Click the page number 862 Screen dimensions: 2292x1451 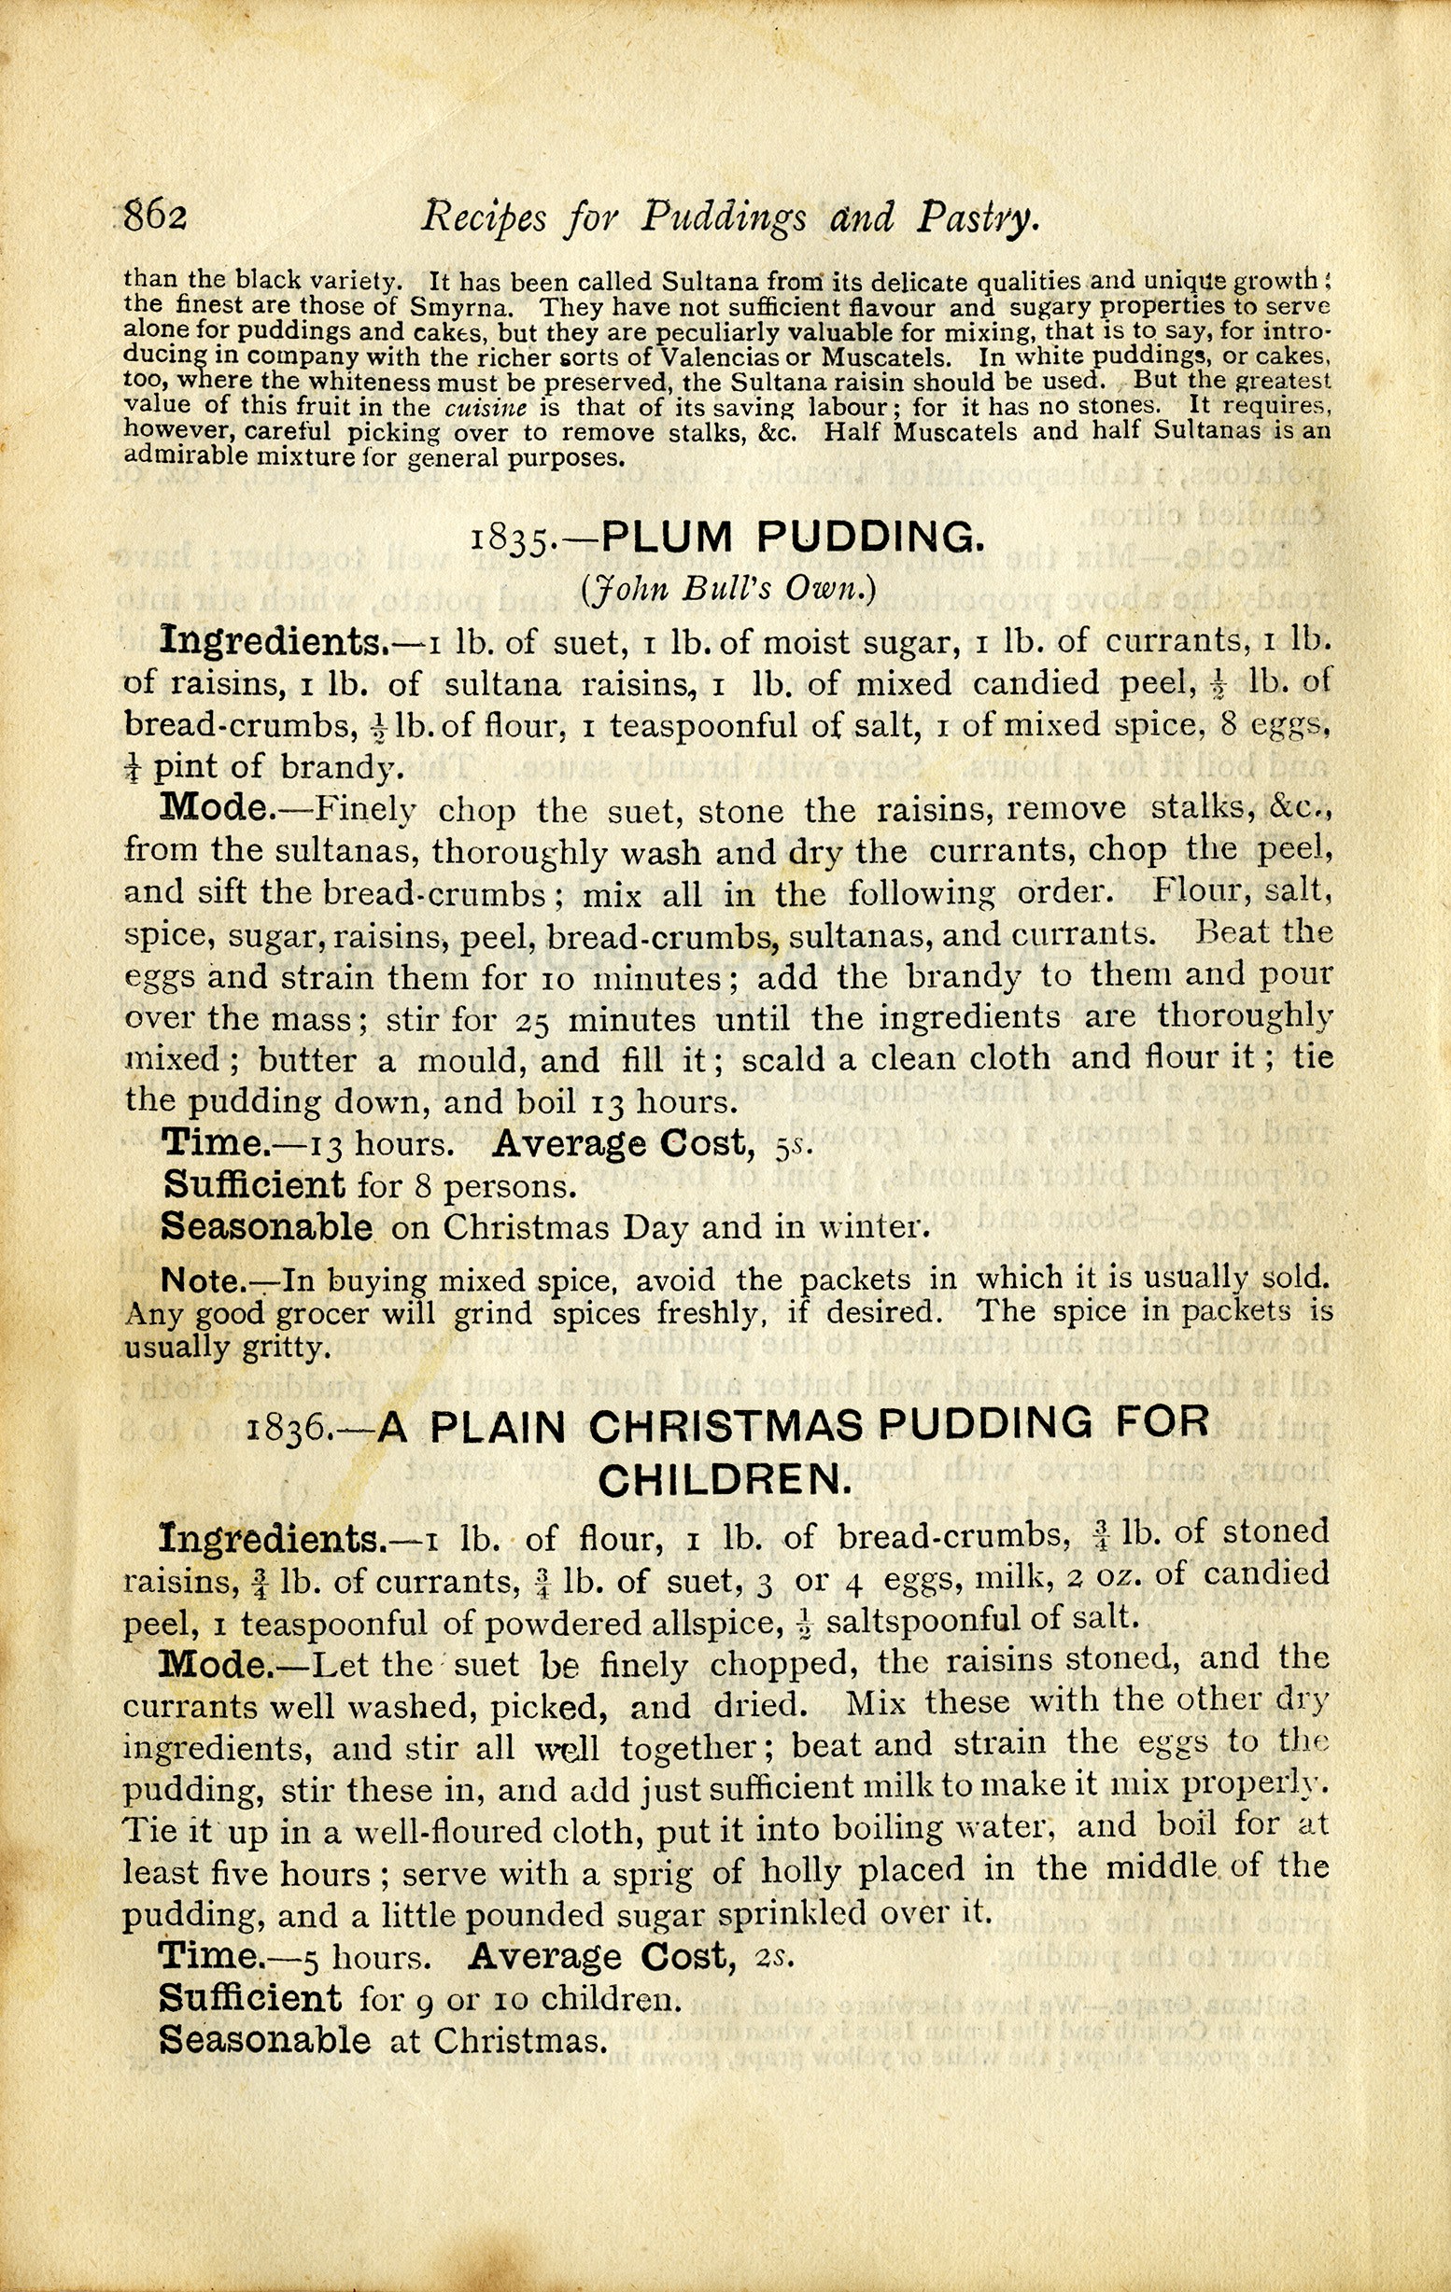155,217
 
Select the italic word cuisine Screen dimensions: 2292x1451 486,408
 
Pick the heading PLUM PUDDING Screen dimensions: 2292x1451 789,538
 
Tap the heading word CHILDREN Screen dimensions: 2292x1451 724,1480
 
